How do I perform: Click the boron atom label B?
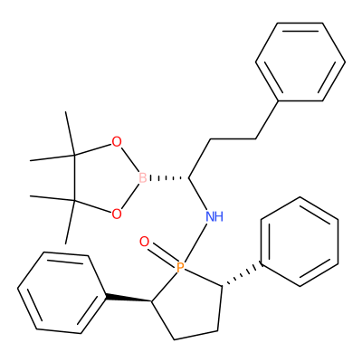point(143,178)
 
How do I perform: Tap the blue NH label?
point(214,216)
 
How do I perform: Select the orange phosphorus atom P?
point(180,267)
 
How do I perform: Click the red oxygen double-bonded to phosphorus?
point(144,242)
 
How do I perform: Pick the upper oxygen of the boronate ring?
point(117,141)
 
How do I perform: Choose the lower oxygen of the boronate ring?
point(117,214)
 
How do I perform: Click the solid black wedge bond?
point(129,298)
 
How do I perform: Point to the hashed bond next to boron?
point(167,178)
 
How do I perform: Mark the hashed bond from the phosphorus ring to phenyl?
point(242,275)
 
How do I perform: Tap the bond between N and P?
point(196,243)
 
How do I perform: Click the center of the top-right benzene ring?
point(300,62)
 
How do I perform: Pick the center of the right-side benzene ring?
point(300,242)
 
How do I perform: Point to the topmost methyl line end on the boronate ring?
point(66,112)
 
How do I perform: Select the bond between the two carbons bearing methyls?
point(73,178)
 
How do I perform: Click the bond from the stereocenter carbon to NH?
point(198,195)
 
